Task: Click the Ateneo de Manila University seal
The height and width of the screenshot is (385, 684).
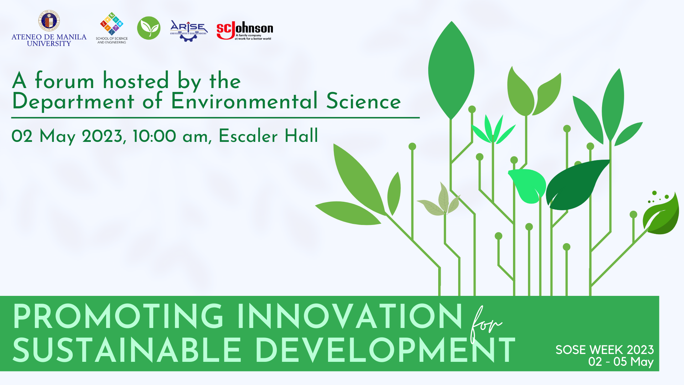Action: pos(49,21)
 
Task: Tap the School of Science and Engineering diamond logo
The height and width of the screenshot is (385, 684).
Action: pos(112,24)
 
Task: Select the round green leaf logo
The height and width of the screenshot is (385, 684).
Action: pos(149,28)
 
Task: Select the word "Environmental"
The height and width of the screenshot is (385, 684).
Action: pos(244,101)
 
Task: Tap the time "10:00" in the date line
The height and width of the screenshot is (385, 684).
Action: pos(154,136)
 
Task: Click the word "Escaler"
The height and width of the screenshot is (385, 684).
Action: pos(248,136)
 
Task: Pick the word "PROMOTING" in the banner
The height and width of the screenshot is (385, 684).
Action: pos(118,317)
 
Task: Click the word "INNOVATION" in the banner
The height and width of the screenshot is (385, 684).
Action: pos(349,317)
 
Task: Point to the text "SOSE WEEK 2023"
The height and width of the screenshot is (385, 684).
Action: pos(605,350)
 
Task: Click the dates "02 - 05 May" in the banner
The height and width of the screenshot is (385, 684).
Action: pos(621,362)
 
